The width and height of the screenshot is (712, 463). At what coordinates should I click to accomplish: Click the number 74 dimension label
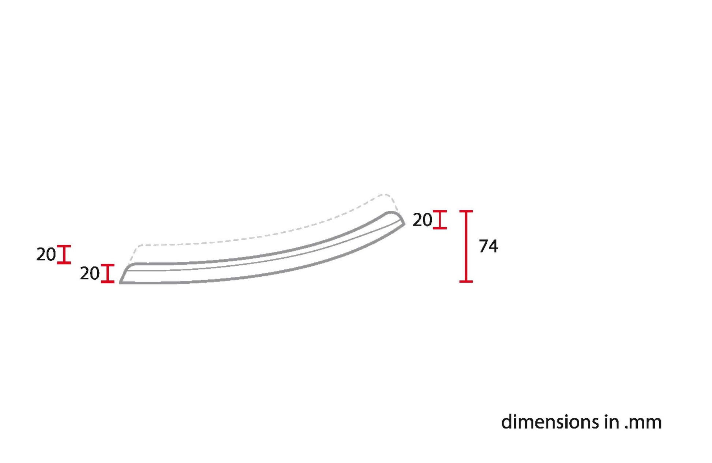pos(488,246)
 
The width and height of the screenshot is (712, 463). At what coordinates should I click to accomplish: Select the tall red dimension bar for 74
pos(466,246)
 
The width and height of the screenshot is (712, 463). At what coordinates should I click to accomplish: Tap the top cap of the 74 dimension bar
pos(466,211)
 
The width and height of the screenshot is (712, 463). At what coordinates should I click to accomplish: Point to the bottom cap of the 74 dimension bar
pos(466,281)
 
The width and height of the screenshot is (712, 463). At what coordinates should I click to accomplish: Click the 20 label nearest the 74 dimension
pos(422,220)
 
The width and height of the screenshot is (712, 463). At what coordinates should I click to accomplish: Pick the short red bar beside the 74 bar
pos(440,220)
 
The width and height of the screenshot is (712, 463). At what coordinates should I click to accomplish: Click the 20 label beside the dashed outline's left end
pos(46,254)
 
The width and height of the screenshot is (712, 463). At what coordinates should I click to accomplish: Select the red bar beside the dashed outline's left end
pos(64,254)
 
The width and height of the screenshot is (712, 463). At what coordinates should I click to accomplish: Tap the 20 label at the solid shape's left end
pos(90,273)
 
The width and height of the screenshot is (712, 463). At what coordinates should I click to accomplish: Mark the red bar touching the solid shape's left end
pos(108,273)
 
